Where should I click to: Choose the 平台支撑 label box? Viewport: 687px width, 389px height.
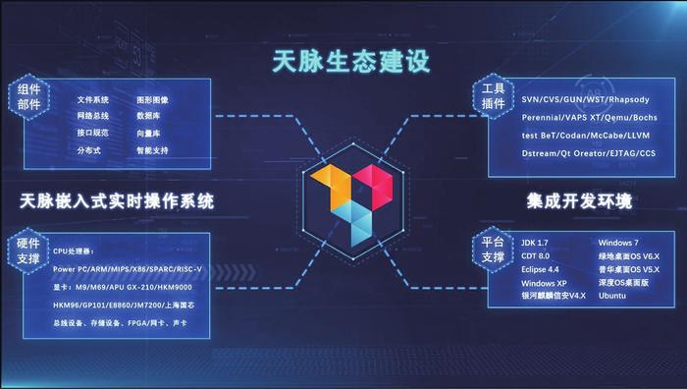(x=492, y=250)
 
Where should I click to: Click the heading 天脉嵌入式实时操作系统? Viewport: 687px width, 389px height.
(x=117, y=201)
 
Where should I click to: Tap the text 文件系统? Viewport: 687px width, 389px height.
(x=94, y=100)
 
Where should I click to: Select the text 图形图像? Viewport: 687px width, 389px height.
(x=153, y=100)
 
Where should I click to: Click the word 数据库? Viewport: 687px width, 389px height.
(x=149, y=117)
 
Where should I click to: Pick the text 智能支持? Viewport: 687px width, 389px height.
(x=153, y=150)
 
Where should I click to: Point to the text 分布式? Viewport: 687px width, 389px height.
(x=90, y=150)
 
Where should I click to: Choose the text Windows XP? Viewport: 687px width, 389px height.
(x=545, y=283)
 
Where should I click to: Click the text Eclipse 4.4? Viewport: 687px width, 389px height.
(x=543, y=268)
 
